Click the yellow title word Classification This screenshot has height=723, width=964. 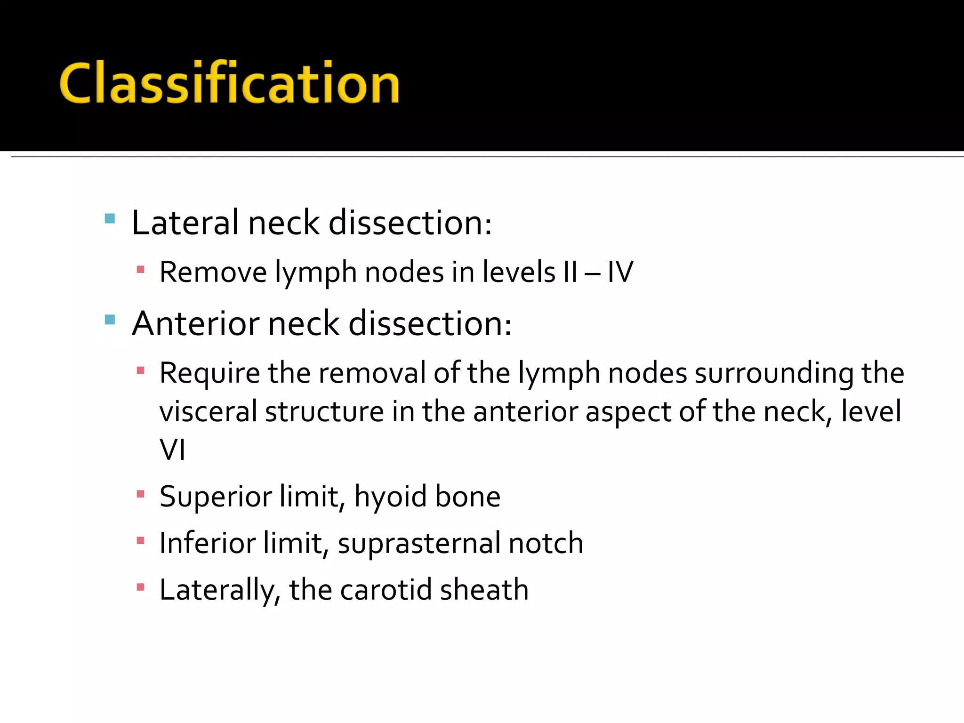tap(229, 83)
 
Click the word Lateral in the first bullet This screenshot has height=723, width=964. tap(185, 223)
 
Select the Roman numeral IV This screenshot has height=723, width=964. tap(620, 272)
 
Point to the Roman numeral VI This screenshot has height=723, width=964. tap(172, 450)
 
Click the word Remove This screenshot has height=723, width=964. tap(213, 272)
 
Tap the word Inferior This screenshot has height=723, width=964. tap(207, 543)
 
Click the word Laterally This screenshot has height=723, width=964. tap(220, 590)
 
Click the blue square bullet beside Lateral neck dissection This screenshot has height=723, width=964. tap(110, 218)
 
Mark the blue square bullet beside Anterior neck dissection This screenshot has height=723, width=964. tap(110, 320)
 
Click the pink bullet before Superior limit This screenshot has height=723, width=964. tap(140, 494)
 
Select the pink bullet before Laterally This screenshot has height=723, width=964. tap(140, 587)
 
